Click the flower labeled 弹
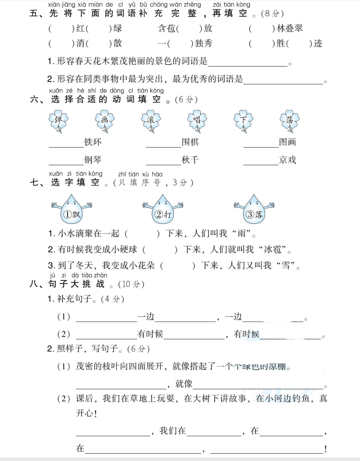pos(58,121)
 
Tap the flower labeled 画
pos(104,121)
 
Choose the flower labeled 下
pos(243,121)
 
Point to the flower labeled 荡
pos(290,121)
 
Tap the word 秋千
pos(190,160)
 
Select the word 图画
pos(287,142)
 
